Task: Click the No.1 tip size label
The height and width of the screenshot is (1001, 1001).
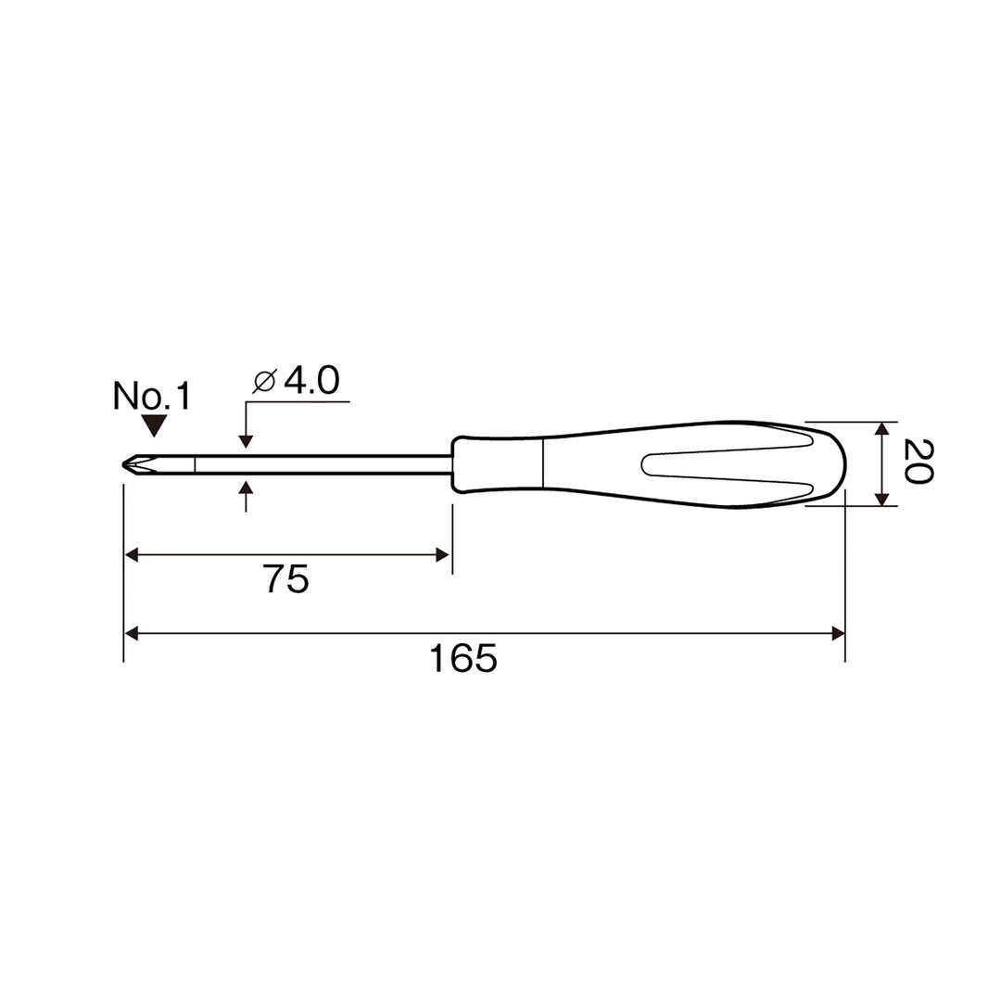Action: pos(152,396)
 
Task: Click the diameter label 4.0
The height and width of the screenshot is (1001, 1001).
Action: pos(311,381)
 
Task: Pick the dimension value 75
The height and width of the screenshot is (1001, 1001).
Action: pos(286,579)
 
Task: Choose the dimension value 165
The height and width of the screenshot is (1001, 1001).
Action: pos(462,657)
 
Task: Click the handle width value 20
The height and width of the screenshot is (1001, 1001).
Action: pos(919,462)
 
